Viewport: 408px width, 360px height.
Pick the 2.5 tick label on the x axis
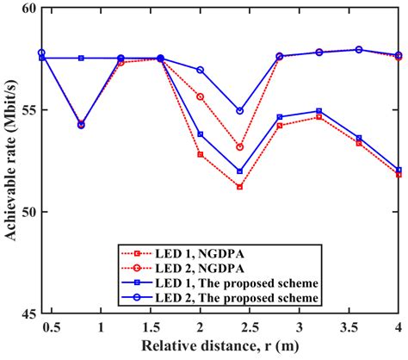click(250, 327)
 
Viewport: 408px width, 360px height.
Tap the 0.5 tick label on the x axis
click(52, 327)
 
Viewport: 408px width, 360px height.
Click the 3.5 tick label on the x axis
click(349, 327)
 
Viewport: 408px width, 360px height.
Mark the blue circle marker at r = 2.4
click(239, 111)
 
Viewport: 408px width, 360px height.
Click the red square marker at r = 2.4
click(239, 187)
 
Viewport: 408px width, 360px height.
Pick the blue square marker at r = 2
click(200, 134)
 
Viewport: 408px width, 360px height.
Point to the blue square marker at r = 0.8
click(81, 58)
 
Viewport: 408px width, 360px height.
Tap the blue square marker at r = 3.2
click(318, 111)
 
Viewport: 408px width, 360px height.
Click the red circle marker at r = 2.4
click(239, 147)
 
